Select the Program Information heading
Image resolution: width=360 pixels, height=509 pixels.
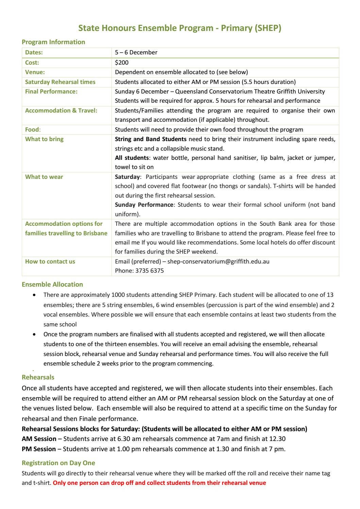pos(53,42)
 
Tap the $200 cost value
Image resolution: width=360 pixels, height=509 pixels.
pos(122,63)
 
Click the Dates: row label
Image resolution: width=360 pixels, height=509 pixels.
pos(34,52)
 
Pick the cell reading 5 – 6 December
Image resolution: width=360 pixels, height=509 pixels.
pos(136,52)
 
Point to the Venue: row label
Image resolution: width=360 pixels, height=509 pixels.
pos(35,72)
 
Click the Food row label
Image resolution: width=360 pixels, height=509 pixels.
pos(32,130)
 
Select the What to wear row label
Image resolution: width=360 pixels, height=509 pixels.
pos(44,177)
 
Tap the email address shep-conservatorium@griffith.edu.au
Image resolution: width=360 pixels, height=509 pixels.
pos(218,261)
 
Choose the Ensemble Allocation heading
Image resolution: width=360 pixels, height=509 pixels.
pos(52,285)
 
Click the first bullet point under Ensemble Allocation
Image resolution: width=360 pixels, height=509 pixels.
pos(34,295)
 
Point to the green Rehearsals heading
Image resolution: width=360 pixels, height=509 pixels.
pos(38,377)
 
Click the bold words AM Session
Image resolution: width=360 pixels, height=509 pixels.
pos(39,439)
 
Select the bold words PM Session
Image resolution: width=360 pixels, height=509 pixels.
pos(39,449)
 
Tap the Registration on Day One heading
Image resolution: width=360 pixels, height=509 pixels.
pos(58,463)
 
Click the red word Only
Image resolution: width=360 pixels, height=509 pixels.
pos(59,483)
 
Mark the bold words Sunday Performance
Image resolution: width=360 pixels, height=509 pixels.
pos(144,205)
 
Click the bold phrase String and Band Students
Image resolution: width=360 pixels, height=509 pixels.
pos(151,139)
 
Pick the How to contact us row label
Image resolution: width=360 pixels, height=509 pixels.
pos(50,261)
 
